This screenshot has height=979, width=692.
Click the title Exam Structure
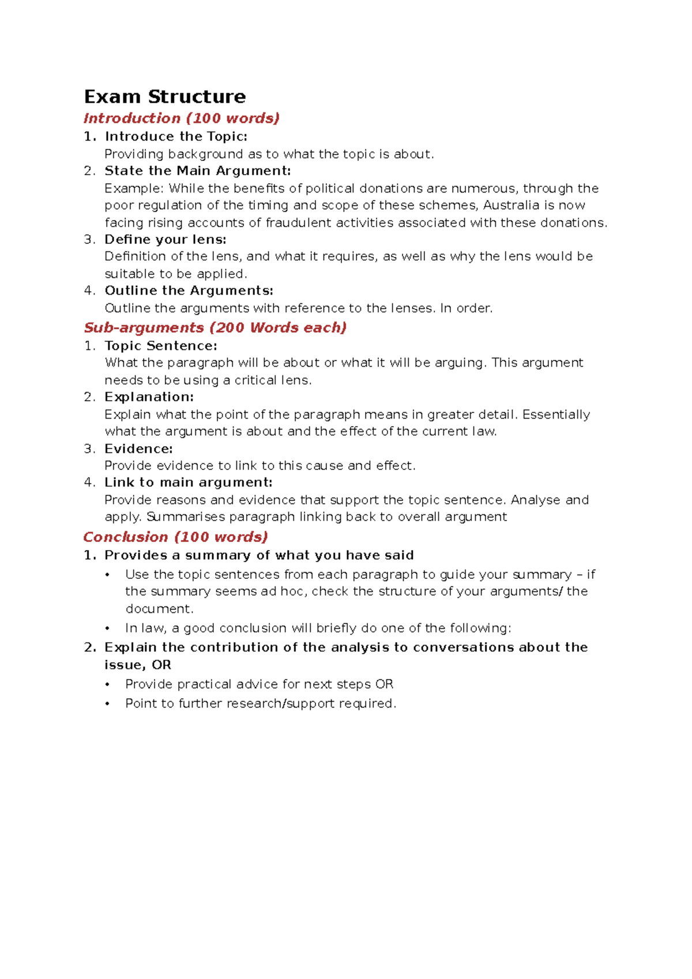tap(165, 96)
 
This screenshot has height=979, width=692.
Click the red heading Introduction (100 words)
tap(181, 118)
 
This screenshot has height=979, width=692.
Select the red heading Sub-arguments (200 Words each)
tap(215, 327)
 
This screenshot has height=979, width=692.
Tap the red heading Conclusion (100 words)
tap(175, 537)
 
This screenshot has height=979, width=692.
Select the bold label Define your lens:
tap(165, 239)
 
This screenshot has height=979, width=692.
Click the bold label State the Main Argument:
tap(197, 171)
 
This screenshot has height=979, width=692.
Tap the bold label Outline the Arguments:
tap(189, 291)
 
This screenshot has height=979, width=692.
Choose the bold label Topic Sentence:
tap(160, 346)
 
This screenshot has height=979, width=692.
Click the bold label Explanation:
tap(149, 397)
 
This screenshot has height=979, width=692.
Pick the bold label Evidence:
tap(138, 449)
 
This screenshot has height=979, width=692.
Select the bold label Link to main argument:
tap(188, 483)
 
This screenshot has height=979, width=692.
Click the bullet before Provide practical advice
tap(107, 685)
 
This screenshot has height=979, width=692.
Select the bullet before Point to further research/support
tap(107, 704)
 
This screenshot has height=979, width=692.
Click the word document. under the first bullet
tap(159, 609)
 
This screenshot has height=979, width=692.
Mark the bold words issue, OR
tap(138, 665)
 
